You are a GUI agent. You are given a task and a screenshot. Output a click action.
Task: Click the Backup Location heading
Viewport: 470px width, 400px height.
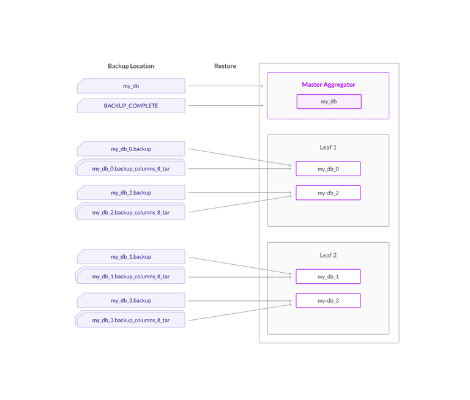click(131, 66)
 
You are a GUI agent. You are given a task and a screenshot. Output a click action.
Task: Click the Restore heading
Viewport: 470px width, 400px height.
click(225, 66)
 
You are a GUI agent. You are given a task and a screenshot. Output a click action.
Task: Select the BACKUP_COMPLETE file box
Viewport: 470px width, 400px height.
click(131, 106)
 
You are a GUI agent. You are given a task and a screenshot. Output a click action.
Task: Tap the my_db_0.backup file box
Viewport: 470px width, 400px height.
click(131, 149)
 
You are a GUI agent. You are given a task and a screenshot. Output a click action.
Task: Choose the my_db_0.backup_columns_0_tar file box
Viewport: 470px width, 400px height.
click(131, 169)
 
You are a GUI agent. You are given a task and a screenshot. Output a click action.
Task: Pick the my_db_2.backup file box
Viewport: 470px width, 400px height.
click(131, 193)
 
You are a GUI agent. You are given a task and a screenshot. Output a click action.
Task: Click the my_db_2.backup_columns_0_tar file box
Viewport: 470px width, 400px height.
click(131, 213)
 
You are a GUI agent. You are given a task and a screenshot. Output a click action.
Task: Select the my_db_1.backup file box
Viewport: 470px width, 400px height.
click(131, 257)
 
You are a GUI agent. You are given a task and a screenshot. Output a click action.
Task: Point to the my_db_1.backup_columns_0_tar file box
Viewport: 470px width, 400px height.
click(131, 276)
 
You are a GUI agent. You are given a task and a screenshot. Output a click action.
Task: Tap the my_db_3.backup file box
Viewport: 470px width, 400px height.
click(131, 300)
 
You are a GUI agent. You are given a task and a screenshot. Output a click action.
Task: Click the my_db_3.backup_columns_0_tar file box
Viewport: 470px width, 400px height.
click(131, 320)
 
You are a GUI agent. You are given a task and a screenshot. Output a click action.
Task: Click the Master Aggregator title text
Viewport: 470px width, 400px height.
click(328, 84)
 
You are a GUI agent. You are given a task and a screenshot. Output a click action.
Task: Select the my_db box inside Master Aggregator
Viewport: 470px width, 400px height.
click(329, 102)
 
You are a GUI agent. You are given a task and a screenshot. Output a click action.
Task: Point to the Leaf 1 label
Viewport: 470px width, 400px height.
click(328, 147)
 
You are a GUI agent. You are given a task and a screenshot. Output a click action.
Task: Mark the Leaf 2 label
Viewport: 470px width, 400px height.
click(328, 255)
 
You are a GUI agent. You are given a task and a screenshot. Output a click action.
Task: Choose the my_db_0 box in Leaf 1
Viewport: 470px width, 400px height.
click(328, 169)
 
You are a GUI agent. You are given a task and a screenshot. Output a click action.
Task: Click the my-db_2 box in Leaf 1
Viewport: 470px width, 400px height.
click(328, 193)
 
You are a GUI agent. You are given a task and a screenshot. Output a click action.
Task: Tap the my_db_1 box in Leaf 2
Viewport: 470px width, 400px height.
click(328, 276)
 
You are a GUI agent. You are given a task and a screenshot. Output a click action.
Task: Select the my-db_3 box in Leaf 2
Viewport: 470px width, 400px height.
click(328, 300)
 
